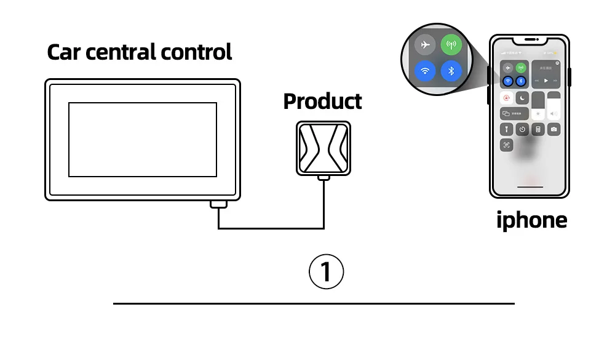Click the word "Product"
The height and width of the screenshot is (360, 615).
[x=322, y=101]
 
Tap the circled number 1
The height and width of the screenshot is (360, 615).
[x=325, y=271]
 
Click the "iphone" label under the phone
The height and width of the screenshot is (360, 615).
[x=531, y=220]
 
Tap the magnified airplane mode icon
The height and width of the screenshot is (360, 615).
[x=424, y=45]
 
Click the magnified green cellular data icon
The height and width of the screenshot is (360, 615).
[x=451, y=45]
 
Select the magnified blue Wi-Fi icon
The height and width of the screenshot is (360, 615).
[x=424, y=71]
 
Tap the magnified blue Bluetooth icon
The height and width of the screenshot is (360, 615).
[x=451, y=71]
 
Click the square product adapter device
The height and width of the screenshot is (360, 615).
[x=323, y=148]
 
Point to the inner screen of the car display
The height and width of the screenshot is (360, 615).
[x=142, y=140]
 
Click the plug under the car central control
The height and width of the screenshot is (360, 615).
[x=218, y=204]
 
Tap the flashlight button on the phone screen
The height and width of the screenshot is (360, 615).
[x=507, y=129]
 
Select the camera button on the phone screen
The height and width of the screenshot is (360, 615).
[x=553, y=129]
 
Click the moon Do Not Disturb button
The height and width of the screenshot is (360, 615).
[x=522, y=98]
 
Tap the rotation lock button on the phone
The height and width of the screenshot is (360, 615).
[x=507, y=98]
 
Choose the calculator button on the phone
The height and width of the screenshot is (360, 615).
[x=538, y=129]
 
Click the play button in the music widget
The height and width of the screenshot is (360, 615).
[x=545, y=80]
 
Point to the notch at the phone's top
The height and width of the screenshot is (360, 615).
[x=530, y=41]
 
